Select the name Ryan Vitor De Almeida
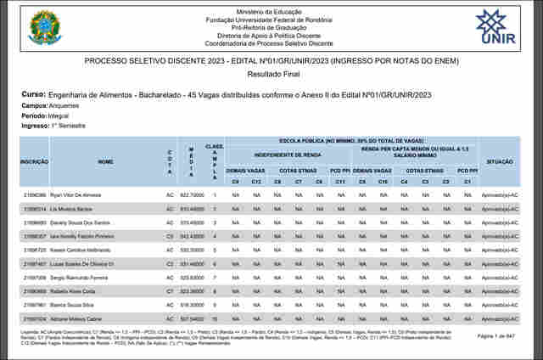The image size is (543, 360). [76, 195]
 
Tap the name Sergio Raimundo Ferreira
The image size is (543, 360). [81, 278]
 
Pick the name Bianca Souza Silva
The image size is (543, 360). [71, 305]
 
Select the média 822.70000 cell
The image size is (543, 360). [192, 195]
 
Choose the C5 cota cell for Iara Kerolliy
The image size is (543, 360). [170, 236]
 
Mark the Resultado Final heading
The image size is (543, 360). [271, 76]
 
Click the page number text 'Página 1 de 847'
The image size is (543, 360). [498, 337]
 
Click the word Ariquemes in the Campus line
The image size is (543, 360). [62, 105]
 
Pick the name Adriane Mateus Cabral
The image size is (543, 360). [77, 318]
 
